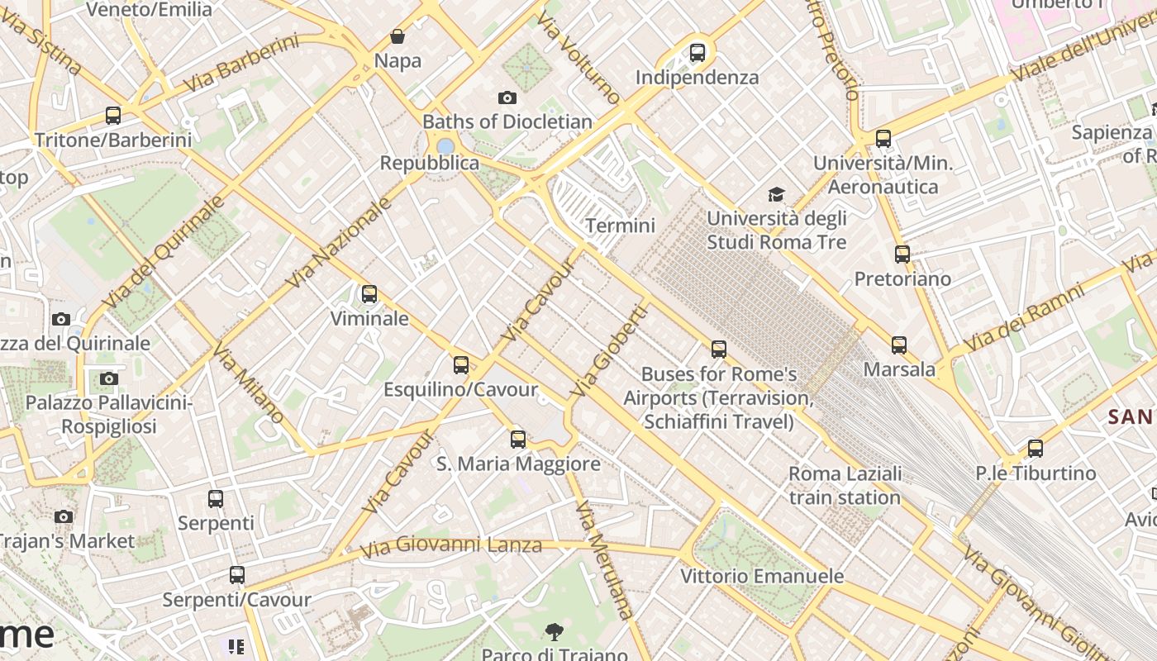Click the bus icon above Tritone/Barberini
point(113,116)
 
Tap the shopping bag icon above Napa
point(398,36)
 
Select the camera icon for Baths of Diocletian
point(507,97)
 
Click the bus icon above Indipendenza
point(698,53)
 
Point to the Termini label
point(620,226)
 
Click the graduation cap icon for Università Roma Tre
point(776,194)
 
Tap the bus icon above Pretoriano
point(902,254)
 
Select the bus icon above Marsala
point(899,345)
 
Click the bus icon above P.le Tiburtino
point(1036,449)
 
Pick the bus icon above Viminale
point(369,294)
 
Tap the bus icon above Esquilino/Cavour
point(461,365)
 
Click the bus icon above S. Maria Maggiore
point(518,440)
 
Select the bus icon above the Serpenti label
point(216,499)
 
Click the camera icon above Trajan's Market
point(64,517)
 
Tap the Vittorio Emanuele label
point(762,576)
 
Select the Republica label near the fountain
point(429,163)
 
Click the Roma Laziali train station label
point(845,486)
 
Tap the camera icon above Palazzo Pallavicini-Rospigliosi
point(108,379)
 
